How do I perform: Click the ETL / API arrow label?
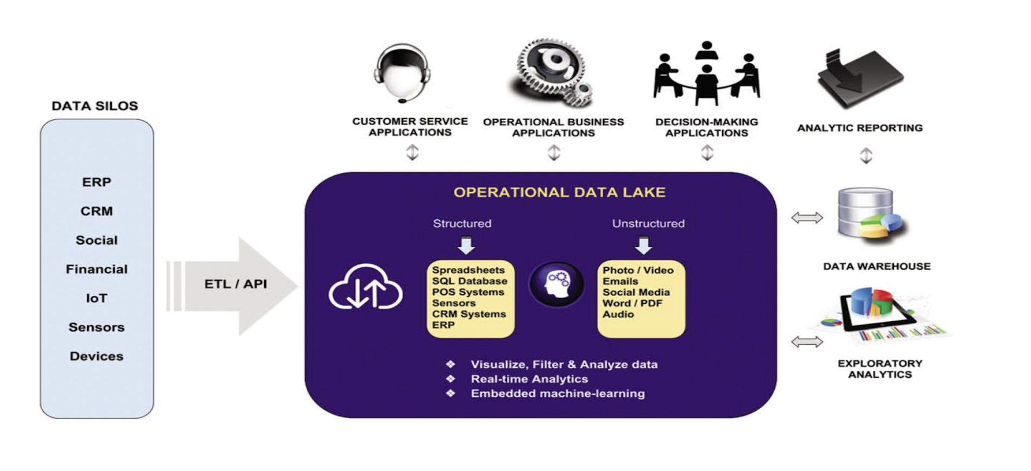tap(235, 284)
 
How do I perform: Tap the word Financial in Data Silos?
tap(97, 269)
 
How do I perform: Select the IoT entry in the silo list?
tap(97, 298)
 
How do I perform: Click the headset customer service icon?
tap(403, 73)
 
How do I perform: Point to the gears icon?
tap(553, 72)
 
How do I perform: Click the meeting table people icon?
tap(706, 73)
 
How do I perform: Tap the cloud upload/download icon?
tap(366, 287)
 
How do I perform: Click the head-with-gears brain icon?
tap(556, 284)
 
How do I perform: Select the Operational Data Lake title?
tap(559, 192)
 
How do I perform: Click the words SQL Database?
tap(470, 281)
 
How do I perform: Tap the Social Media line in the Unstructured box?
tap(636, 292)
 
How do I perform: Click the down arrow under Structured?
tap(466, 245)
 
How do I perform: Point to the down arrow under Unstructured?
tap(643, 245)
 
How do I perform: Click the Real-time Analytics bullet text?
tap(529, 379)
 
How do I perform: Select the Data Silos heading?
tap(95, 106)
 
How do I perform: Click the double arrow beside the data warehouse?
tap(807, 218)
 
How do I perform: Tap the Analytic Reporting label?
tap(860, 128)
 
